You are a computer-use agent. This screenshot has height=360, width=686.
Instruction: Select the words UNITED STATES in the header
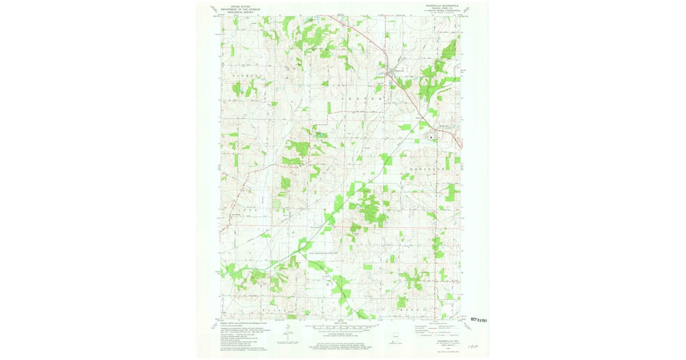(x=241, y=6)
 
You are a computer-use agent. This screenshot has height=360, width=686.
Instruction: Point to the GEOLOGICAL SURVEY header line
(x=241, y=11)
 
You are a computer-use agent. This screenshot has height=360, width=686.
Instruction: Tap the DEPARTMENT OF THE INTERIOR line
(x=241, y=9)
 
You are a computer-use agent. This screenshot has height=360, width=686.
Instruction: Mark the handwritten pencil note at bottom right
(x=473, y=346)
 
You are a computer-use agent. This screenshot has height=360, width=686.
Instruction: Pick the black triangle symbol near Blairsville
(x=431, y=137)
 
